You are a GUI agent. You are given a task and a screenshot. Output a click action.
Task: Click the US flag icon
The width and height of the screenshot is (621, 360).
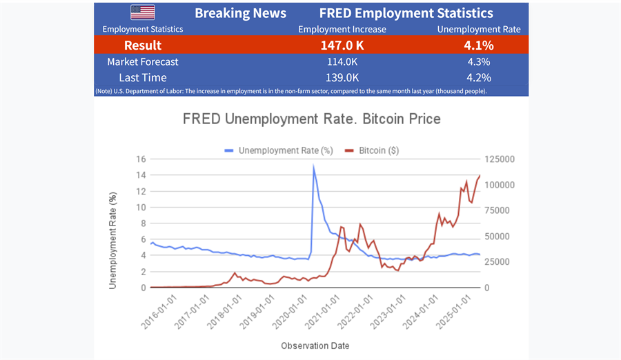142,12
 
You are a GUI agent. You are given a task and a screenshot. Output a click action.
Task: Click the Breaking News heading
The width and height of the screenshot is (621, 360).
240,13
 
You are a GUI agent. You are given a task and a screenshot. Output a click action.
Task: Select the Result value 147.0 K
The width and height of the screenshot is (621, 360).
342,46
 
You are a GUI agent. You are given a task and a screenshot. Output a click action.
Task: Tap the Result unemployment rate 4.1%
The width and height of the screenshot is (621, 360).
479,46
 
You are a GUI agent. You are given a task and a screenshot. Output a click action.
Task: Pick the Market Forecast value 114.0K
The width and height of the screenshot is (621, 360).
342,62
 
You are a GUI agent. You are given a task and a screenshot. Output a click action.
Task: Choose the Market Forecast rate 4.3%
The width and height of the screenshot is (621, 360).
479,62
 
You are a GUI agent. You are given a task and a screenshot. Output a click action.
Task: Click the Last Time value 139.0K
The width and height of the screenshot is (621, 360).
342,78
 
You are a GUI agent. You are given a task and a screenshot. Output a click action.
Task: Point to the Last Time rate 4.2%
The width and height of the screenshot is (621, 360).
479,78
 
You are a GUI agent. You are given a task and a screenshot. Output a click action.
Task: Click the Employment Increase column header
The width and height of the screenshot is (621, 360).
342,29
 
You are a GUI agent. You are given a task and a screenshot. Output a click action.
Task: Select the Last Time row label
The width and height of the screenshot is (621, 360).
142,78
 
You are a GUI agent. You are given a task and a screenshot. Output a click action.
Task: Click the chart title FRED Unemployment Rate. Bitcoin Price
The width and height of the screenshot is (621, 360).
311,119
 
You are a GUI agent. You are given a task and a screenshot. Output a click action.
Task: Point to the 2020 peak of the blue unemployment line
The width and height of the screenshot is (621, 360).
314,166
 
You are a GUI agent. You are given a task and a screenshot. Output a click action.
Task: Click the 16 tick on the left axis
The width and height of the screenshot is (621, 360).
141,159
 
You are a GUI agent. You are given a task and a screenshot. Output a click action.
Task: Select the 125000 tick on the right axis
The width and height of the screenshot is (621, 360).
500,159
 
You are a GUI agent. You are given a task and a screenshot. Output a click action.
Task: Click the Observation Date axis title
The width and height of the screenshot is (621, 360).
315,345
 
